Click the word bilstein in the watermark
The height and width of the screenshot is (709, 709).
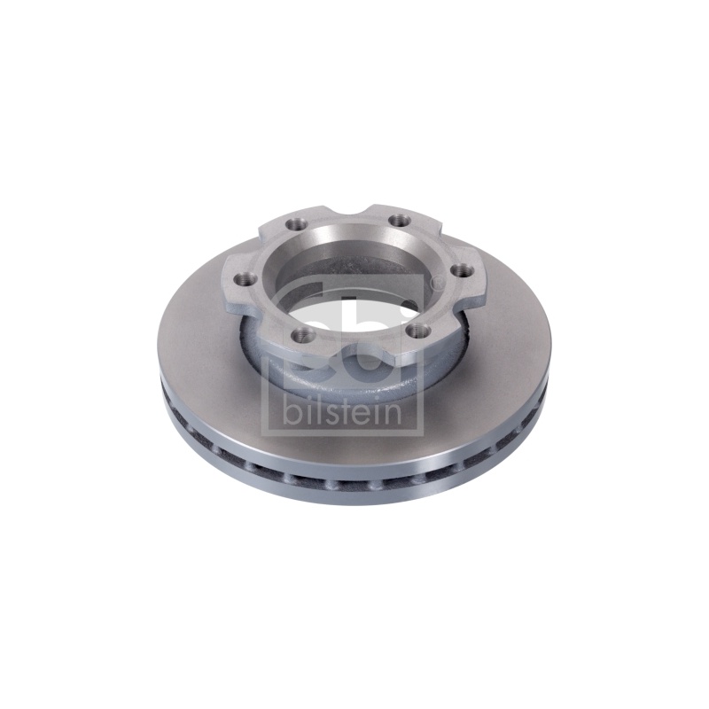click(342, 410)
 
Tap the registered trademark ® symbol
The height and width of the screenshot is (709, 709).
click(436, 283)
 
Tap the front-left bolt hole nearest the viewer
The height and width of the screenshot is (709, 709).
click(296, 336)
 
